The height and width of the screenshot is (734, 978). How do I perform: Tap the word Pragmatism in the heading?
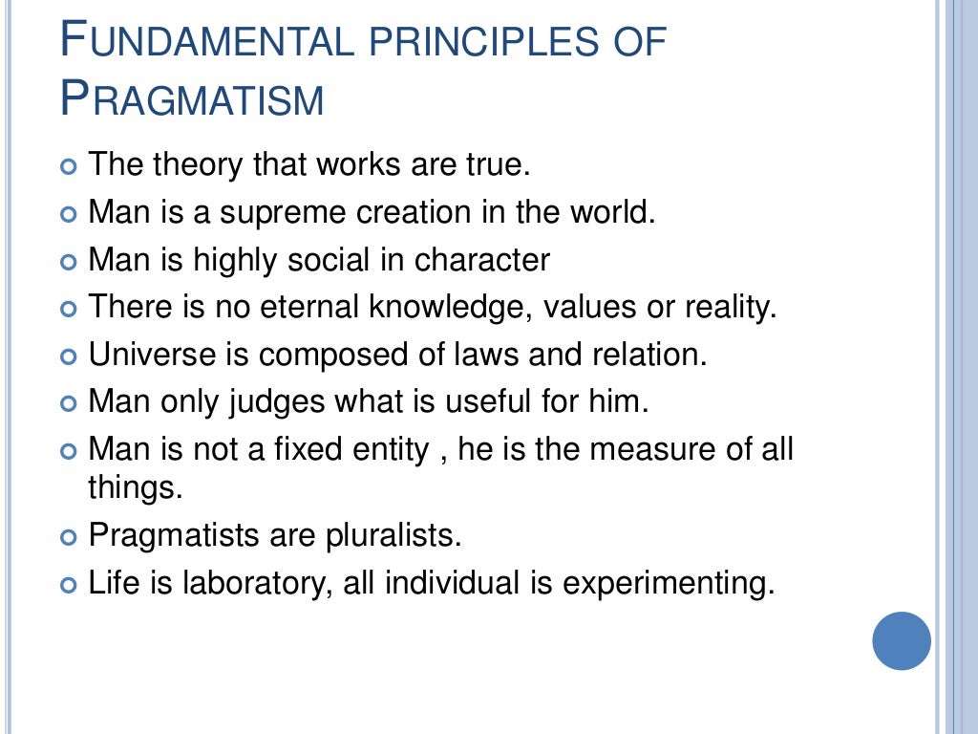(x=192, y=99)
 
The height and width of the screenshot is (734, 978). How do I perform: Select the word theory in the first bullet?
(x=198, y=164)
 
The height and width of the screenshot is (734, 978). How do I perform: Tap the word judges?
(x=279, y=401)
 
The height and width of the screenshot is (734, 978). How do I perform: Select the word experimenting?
(x=667, y=583)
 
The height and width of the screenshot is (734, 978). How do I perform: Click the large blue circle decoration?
(x=902, y=641)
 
